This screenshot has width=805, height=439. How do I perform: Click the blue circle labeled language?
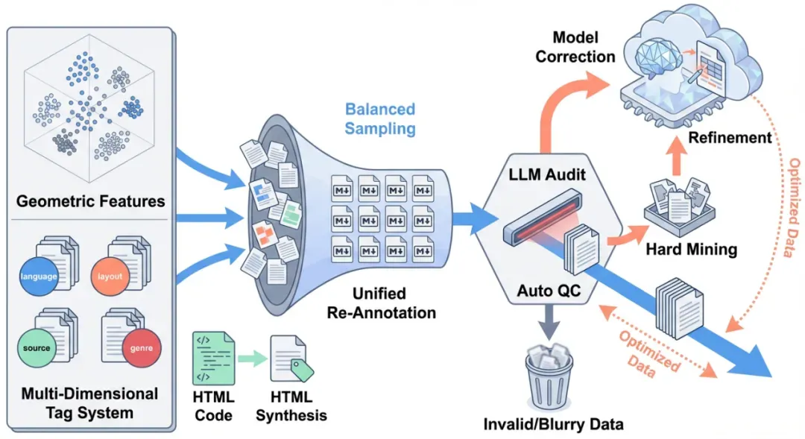(45, 277)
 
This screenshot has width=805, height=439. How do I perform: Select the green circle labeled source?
(37, 347)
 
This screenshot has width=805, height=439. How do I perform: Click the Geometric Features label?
(90, 200)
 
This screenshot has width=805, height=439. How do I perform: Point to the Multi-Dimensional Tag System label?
(90, 402)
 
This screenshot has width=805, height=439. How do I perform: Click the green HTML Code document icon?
(214, 358)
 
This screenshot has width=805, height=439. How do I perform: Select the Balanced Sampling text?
(380, 119)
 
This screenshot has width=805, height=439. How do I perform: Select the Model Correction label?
(575, 46)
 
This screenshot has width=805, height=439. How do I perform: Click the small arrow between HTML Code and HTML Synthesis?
(253, 359)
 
